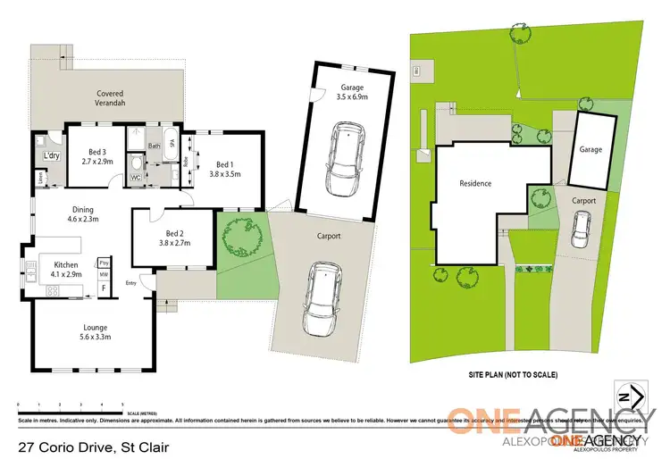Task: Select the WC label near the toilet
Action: click(137, 177)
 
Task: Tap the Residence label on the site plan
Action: click(475, 184)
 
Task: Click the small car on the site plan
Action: click(580, 235)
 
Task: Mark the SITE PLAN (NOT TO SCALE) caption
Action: click(513, 375)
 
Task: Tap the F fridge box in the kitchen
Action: click(103, 288)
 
